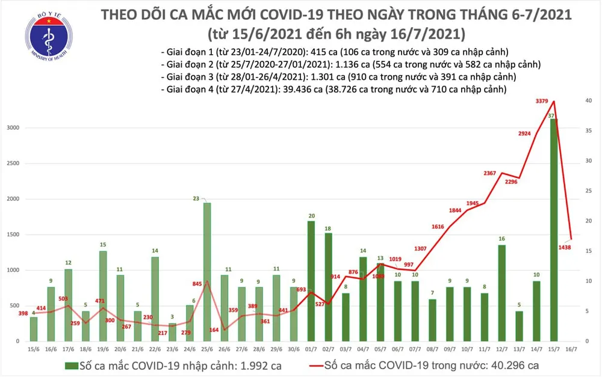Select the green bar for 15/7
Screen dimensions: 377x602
(x=553, y=228)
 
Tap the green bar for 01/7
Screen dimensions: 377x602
(x=311, y=280)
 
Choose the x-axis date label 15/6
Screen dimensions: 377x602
(x=34, y=349)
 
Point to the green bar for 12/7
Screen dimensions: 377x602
(x=502, y=292)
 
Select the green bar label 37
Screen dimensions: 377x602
(x=551, y=115)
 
